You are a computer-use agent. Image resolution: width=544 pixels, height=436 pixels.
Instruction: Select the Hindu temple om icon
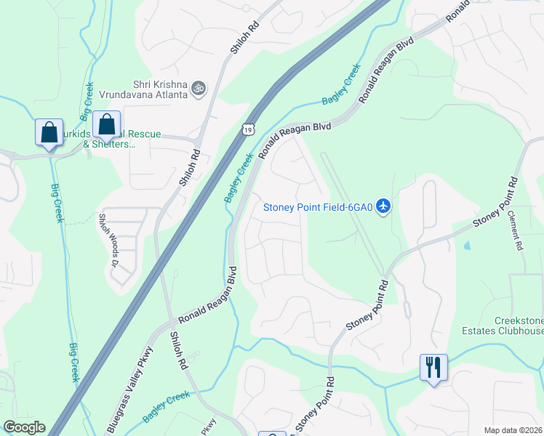point(199,89)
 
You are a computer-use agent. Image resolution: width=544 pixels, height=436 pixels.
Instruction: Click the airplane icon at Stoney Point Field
point(385,207)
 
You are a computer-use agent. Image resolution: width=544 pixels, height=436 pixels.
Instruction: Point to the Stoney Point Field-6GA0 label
point(318,208)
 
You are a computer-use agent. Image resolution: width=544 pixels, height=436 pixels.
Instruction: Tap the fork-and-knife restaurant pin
point(433,367)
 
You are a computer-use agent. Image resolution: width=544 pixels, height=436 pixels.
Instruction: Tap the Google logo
point(23,427)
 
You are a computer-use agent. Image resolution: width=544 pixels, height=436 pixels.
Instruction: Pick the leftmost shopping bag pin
point(49,133)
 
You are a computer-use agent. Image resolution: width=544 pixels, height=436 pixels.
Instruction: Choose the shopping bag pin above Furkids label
point(107,125)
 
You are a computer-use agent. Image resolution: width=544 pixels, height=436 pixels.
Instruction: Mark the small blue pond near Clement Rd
point(465,245)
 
